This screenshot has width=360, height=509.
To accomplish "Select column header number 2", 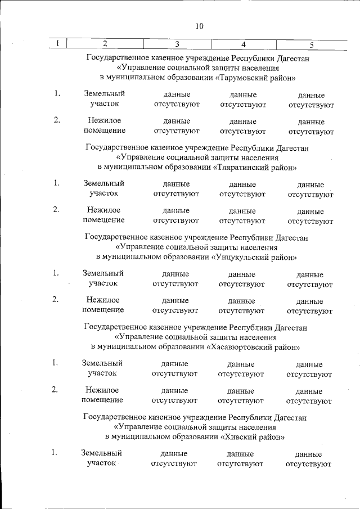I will point(105,43).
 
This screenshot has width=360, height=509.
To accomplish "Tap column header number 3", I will point(177,44).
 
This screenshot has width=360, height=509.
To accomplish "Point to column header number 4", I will point(243,44).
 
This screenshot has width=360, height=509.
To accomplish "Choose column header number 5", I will point(311,44).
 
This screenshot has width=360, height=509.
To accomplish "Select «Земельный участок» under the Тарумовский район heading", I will point(103,99).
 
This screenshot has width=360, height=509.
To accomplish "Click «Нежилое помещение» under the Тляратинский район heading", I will point(103,215).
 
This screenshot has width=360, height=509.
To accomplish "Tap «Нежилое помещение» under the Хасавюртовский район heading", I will point(102,395).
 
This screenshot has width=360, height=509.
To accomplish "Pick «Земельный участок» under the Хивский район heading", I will point(101,458).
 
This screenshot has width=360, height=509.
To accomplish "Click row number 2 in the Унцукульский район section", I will point(56,299).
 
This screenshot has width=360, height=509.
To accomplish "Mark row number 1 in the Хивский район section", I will point(54,452).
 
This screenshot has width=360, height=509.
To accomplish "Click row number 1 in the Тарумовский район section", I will point(57,94).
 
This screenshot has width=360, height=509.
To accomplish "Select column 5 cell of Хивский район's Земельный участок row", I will point(309,459).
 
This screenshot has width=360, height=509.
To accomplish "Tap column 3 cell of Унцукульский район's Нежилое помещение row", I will point(175,305).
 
